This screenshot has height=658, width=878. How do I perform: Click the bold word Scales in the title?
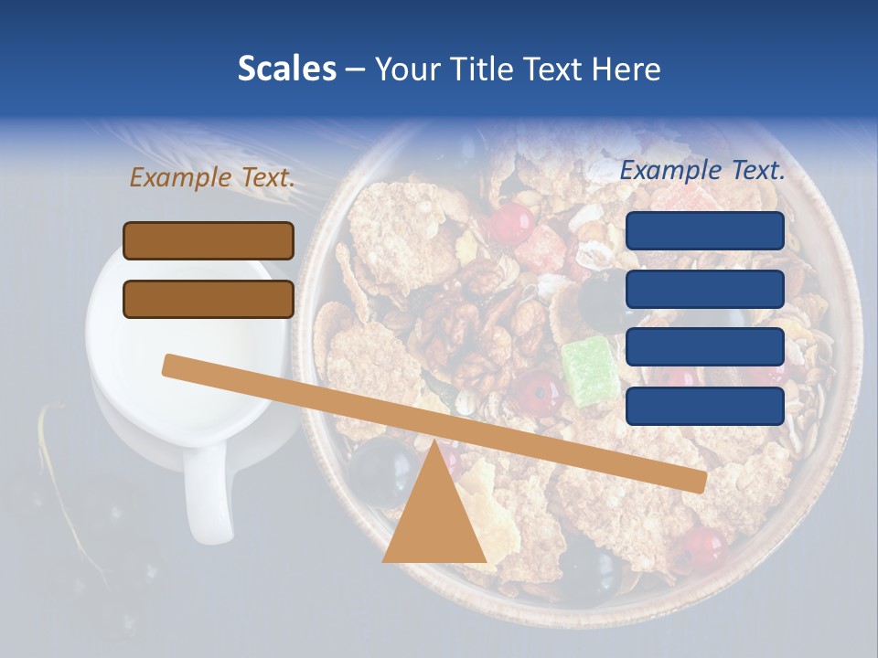click(286, 69)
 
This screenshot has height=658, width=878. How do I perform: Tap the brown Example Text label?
click(212, 177)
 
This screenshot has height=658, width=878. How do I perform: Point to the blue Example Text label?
click(702, 170)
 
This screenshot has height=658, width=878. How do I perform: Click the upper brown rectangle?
click(209, 240)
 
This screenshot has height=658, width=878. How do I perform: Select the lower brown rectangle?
click(209, 299)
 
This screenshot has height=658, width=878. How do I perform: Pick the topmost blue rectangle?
click(705, 230)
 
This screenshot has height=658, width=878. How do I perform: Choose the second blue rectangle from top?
click(705, 289)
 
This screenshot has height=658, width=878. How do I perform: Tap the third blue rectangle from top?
click(705, 347)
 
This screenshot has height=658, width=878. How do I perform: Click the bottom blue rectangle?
click(705, 406)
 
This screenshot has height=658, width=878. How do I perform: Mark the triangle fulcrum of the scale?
click(434, 516)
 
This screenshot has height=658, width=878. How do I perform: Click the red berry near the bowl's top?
click(511, 223)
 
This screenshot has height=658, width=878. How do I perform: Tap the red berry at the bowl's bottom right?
click(702, 547)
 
